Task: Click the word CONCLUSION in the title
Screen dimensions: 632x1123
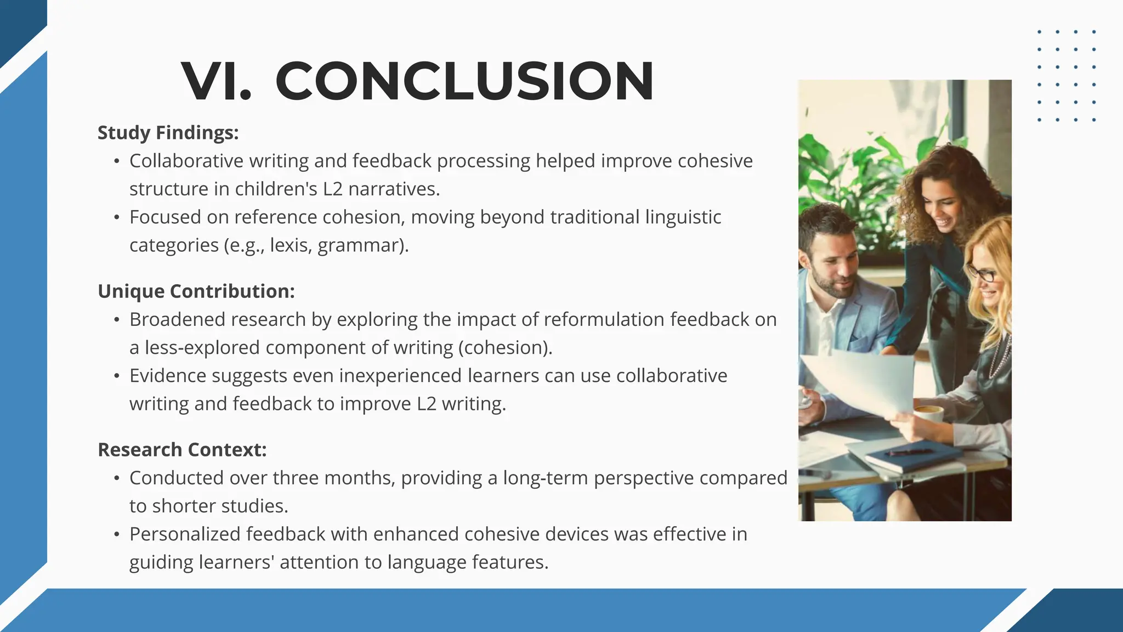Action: coord(464,81)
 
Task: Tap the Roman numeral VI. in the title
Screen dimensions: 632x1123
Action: coord(217,81)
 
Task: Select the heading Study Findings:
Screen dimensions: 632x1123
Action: coord(168,133)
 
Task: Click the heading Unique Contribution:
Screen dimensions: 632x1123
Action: coord(196,291)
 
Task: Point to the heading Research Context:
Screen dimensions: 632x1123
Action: coord(182,450)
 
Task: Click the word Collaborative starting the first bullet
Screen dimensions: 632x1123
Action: coord(186,161)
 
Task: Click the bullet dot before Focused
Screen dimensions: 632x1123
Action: coord(116,218)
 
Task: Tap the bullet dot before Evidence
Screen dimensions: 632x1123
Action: coord(116,376)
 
